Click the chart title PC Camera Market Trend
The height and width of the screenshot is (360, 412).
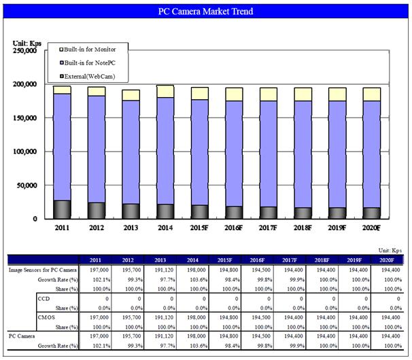[205, 12]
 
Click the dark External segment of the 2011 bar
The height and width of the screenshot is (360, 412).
[62, 209]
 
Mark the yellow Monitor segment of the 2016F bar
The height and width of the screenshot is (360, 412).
[233, 94]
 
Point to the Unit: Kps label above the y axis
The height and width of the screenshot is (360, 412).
[27, 43]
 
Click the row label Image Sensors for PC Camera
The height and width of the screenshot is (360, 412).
[42, 270]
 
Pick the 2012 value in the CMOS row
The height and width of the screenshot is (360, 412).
[127, 317]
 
